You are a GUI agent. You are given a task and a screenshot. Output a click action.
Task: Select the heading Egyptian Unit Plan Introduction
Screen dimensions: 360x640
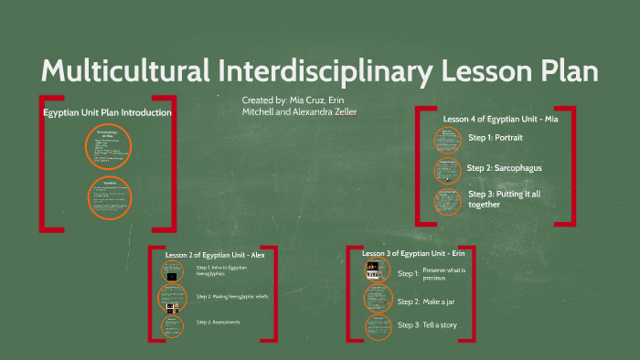click(x=108, y=112)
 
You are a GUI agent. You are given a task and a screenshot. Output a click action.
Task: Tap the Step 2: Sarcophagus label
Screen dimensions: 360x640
click(x=506, y=168)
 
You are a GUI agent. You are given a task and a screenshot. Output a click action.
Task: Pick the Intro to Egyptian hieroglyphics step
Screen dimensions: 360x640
click(x=221, y=270)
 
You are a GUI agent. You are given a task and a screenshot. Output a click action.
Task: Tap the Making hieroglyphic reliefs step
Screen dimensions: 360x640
click(x=232, y=297)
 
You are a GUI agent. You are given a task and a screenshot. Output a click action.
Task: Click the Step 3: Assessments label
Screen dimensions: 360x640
click(x=218, y=323)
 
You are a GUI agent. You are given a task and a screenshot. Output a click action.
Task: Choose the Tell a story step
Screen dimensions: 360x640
click(x=440, y=325)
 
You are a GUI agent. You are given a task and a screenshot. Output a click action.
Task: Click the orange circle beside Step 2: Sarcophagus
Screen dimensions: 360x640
click(x=448, y=170)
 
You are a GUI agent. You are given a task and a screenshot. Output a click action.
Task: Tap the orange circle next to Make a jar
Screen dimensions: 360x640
click(x=378, y=298)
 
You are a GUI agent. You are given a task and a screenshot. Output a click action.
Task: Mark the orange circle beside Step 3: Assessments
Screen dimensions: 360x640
click(x=172, y=325)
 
